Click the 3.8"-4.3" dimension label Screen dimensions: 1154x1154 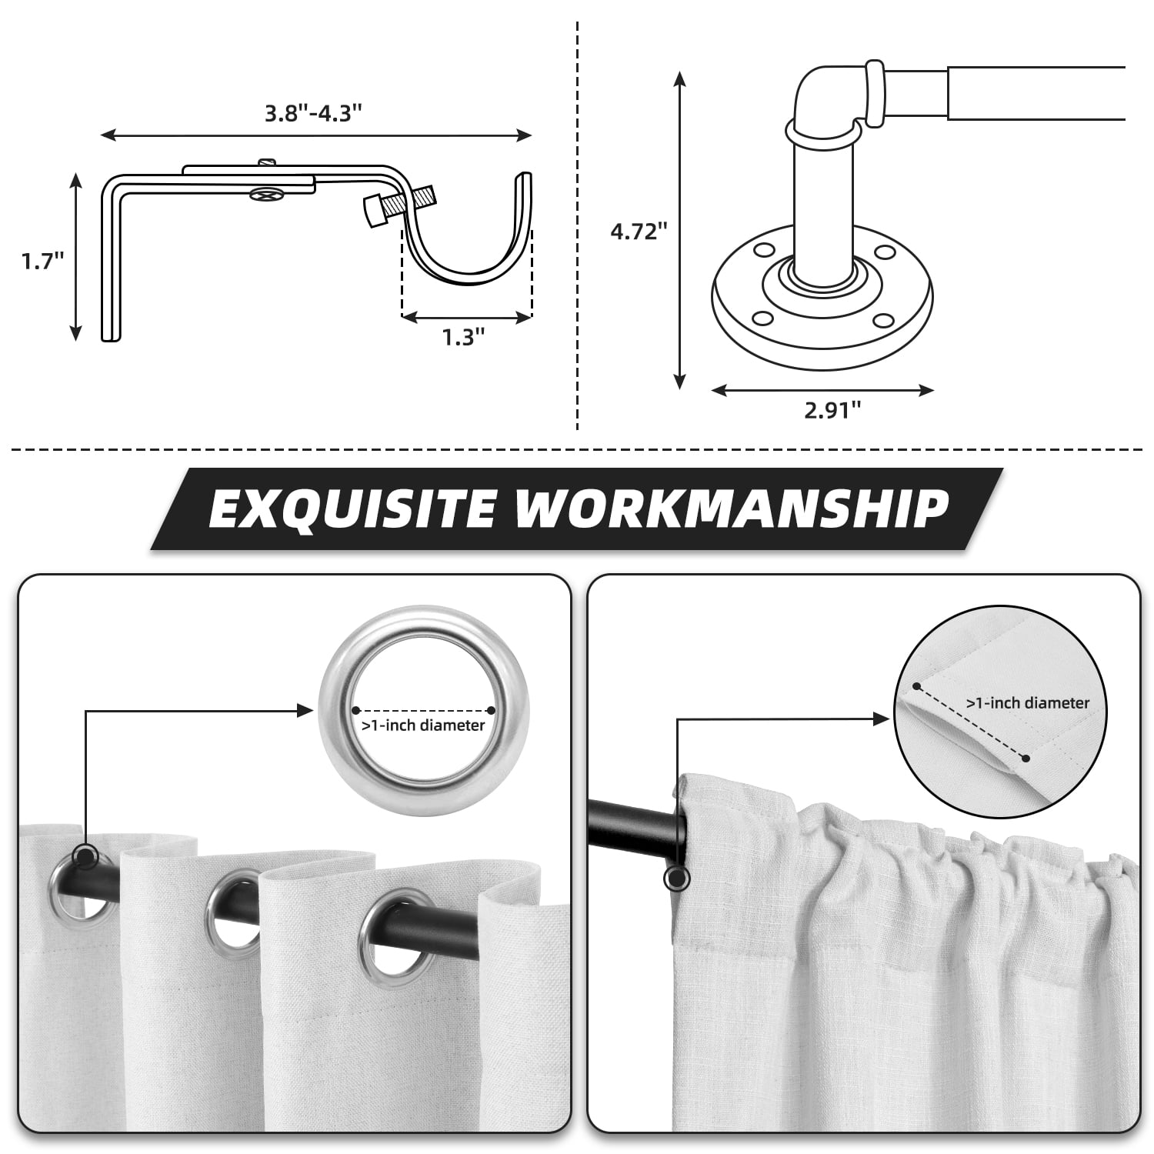pyautogui.click(x=313, y=113)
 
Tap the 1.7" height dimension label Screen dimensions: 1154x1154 pyautogui.click(x=42, y=261)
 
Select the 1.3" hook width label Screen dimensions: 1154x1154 pyautogui.click(x=464, y=336)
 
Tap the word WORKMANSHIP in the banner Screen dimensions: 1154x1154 pyautogui.click(x=733, y=509)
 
